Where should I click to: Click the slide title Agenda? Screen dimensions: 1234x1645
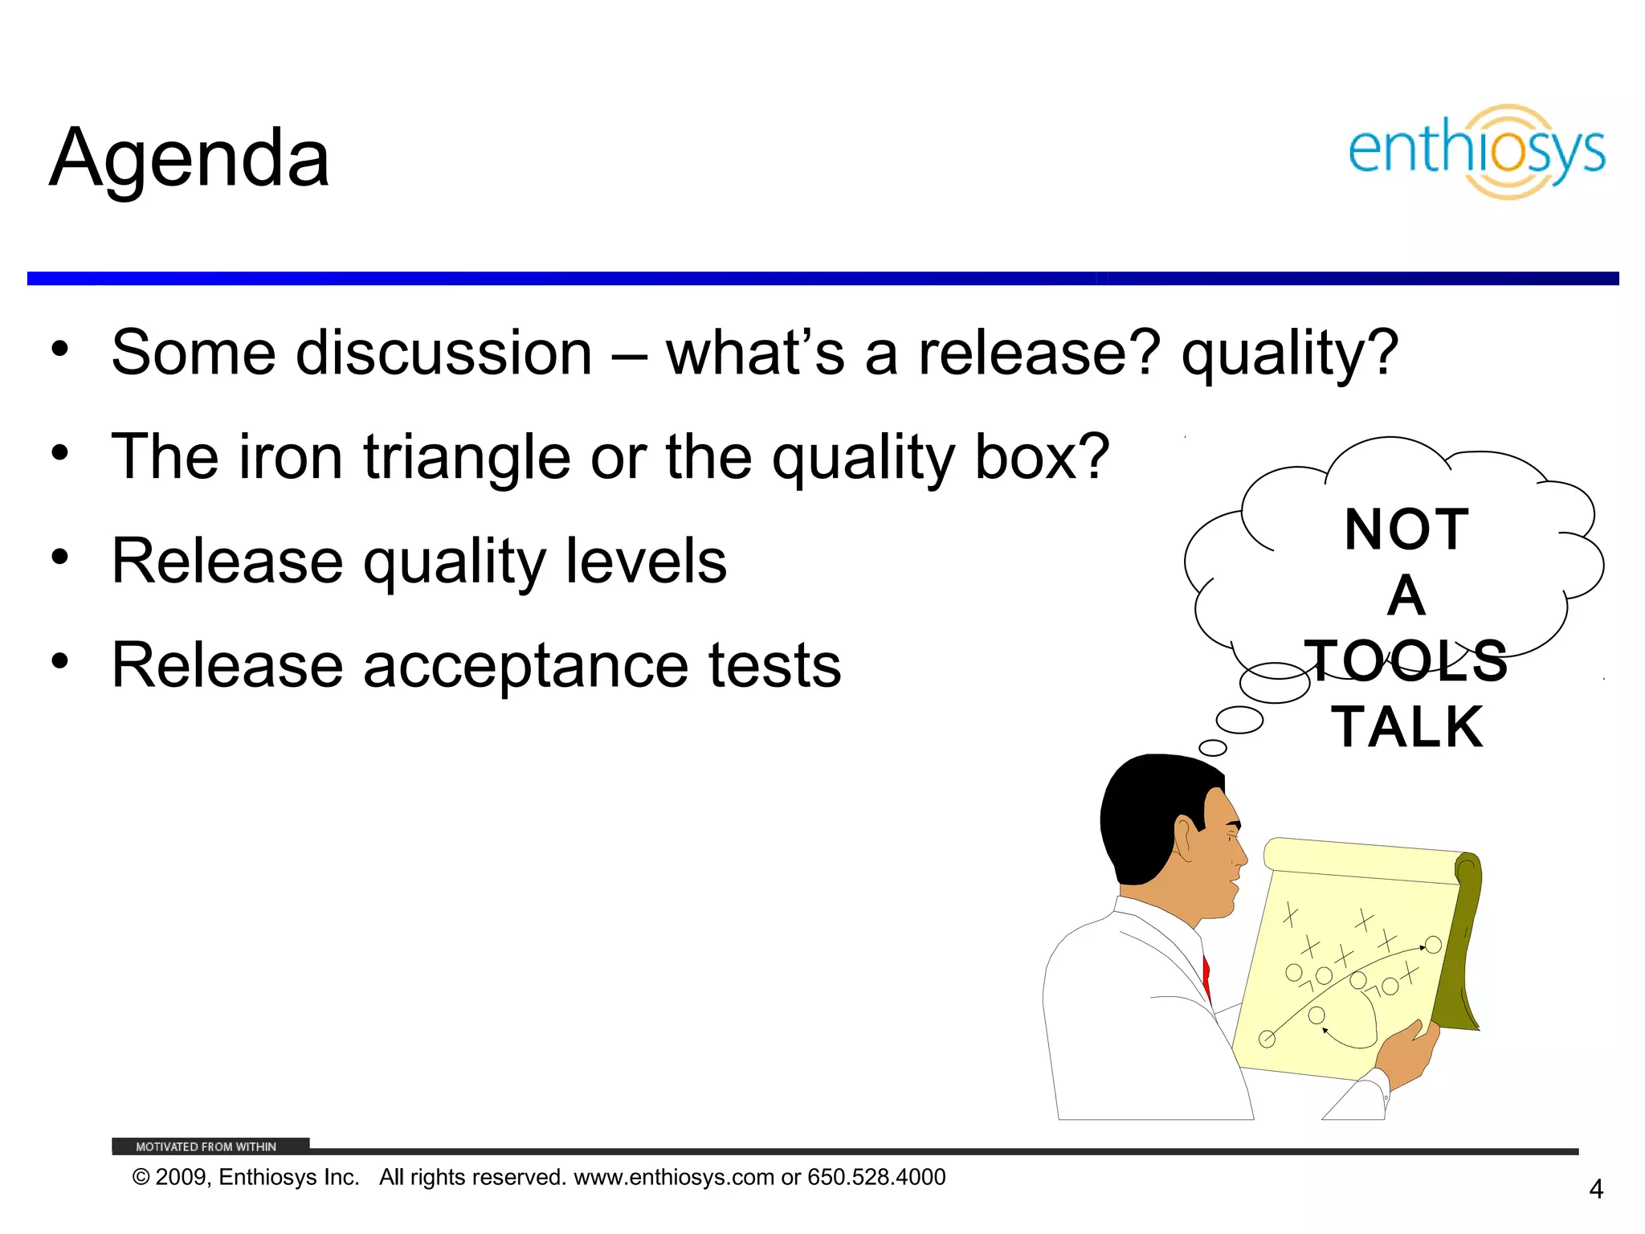[x=190, y=158]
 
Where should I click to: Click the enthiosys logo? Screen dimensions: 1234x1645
[x=1476, y=152]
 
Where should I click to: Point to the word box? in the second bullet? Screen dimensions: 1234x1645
[x=1042, y=457]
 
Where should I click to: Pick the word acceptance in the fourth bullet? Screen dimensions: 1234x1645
[x=525, y=665]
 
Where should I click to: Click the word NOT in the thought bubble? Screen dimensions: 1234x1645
[x=1406, y=530]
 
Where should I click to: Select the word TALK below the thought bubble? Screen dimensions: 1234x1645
[x=1407, y=728]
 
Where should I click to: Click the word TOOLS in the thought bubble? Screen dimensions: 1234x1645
[x=1406, y=661]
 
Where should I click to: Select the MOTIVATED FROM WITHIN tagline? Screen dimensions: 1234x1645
[x=206, y=1146]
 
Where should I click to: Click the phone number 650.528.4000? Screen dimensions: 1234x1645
[x=876, y=1177]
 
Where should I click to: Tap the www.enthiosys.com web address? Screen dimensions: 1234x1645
[x=674, y=1177]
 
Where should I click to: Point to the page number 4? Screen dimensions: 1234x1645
[x=1596, y=1189]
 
